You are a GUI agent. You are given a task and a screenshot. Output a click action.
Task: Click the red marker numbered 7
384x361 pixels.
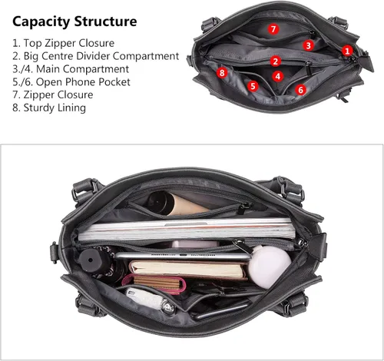click(273, 28)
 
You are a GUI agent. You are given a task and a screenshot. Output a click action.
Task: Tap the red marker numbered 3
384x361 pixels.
click(308, 45)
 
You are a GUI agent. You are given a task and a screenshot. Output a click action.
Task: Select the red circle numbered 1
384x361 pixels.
click(347, 51)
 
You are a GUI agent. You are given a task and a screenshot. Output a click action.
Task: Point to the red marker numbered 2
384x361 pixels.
click(276, 61)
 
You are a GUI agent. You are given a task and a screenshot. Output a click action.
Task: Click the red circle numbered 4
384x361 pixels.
click(278, 76)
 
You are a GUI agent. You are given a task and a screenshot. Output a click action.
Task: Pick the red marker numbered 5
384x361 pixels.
click(253, 86)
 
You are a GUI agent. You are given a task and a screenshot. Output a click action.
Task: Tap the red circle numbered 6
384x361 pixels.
click(300, 90)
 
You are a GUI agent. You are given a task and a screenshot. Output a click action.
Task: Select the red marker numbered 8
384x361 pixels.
click(222, 73)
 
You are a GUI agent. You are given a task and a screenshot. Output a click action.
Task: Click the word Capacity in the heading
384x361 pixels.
click(41, 22)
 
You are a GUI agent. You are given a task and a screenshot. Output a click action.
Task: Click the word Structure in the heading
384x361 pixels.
click(105, 22)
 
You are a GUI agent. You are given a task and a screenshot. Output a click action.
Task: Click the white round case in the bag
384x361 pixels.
click(269, 267)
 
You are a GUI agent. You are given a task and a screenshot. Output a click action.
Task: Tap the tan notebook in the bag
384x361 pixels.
click(188, 270)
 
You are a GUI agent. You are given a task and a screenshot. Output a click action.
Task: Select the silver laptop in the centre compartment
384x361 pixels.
click(187, 229)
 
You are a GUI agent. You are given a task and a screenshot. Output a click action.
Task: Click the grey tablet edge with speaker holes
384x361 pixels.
click(183, 256)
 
